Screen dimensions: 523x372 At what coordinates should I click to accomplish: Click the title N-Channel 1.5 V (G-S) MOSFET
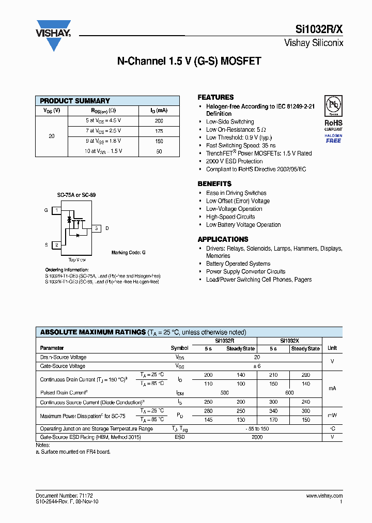[x=189, y=61]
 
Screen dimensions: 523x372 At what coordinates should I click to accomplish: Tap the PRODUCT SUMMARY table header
[x=75, y=101]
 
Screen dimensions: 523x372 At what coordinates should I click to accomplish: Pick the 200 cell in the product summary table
[x=159, y=120]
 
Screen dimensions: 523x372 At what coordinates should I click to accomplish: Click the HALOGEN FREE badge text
[x=333, y=139]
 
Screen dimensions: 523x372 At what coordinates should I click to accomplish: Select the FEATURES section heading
[x=215, y=97]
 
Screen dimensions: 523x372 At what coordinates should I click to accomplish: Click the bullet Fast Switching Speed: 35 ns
[x=241, y=146]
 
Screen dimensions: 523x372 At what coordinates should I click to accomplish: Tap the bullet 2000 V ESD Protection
[x=234, y=161]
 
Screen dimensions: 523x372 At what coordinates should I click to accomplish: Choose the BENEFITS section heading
[x=214, y=184]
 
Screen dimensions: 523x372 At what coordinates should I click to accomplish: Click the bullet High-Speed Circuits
[x=230, y=217]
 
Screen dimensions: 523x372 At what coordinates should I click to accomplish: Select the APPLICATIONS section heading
[x=223, y=239]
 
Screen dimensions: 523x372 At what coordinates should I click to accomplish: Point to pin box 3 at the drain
[x=96, y=228]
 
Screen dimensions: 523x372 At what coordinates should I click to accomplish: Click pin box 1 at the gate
[x=56, y=210]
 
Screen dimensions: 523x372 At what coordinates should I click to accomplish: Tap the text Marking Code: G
[x=129, y=253]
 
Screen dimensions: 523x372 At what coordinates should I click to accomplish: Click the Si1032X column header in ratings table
[x=289, y=341]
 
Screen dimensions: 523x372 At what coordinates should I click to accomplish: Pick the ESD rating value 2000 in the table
[x=257, y=437]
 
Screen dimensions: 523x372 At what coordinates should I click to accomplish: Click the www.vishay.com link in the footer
[x=324, y=496]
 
